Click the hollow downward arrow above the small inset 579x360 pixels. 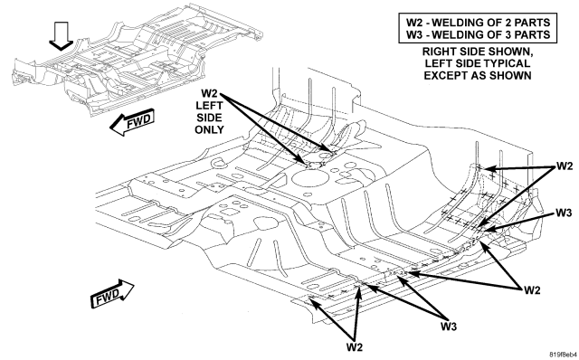(62, 36)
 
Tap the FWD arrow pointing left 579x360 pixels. (132, 122)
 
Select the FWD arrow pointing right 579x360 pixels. (112, 294)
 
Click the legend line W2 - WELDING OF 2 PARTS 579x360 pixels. (478, 22)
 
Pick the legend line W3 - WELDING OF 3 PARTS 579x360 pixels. (478, 34)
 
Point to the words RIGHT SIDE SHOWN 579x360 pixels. (478, 52)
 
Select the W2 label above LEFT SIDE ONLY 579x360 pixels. (209, 93)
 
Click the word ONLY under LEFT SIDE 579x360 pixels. (209, 129)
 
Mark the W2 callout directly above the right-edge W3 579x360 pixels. (565, 166)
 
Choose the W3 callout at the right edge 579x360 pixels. (564, 213)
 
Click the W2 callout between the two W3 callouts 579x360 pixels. (532, 290)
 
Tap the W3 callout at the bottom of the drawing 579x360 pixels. (449, 327)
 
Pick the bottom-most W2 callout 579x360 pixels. (355, 347)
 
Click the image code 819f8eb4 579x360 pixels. (563, 355)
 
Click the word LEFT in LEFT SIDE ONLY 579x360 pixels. (209, 106)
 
